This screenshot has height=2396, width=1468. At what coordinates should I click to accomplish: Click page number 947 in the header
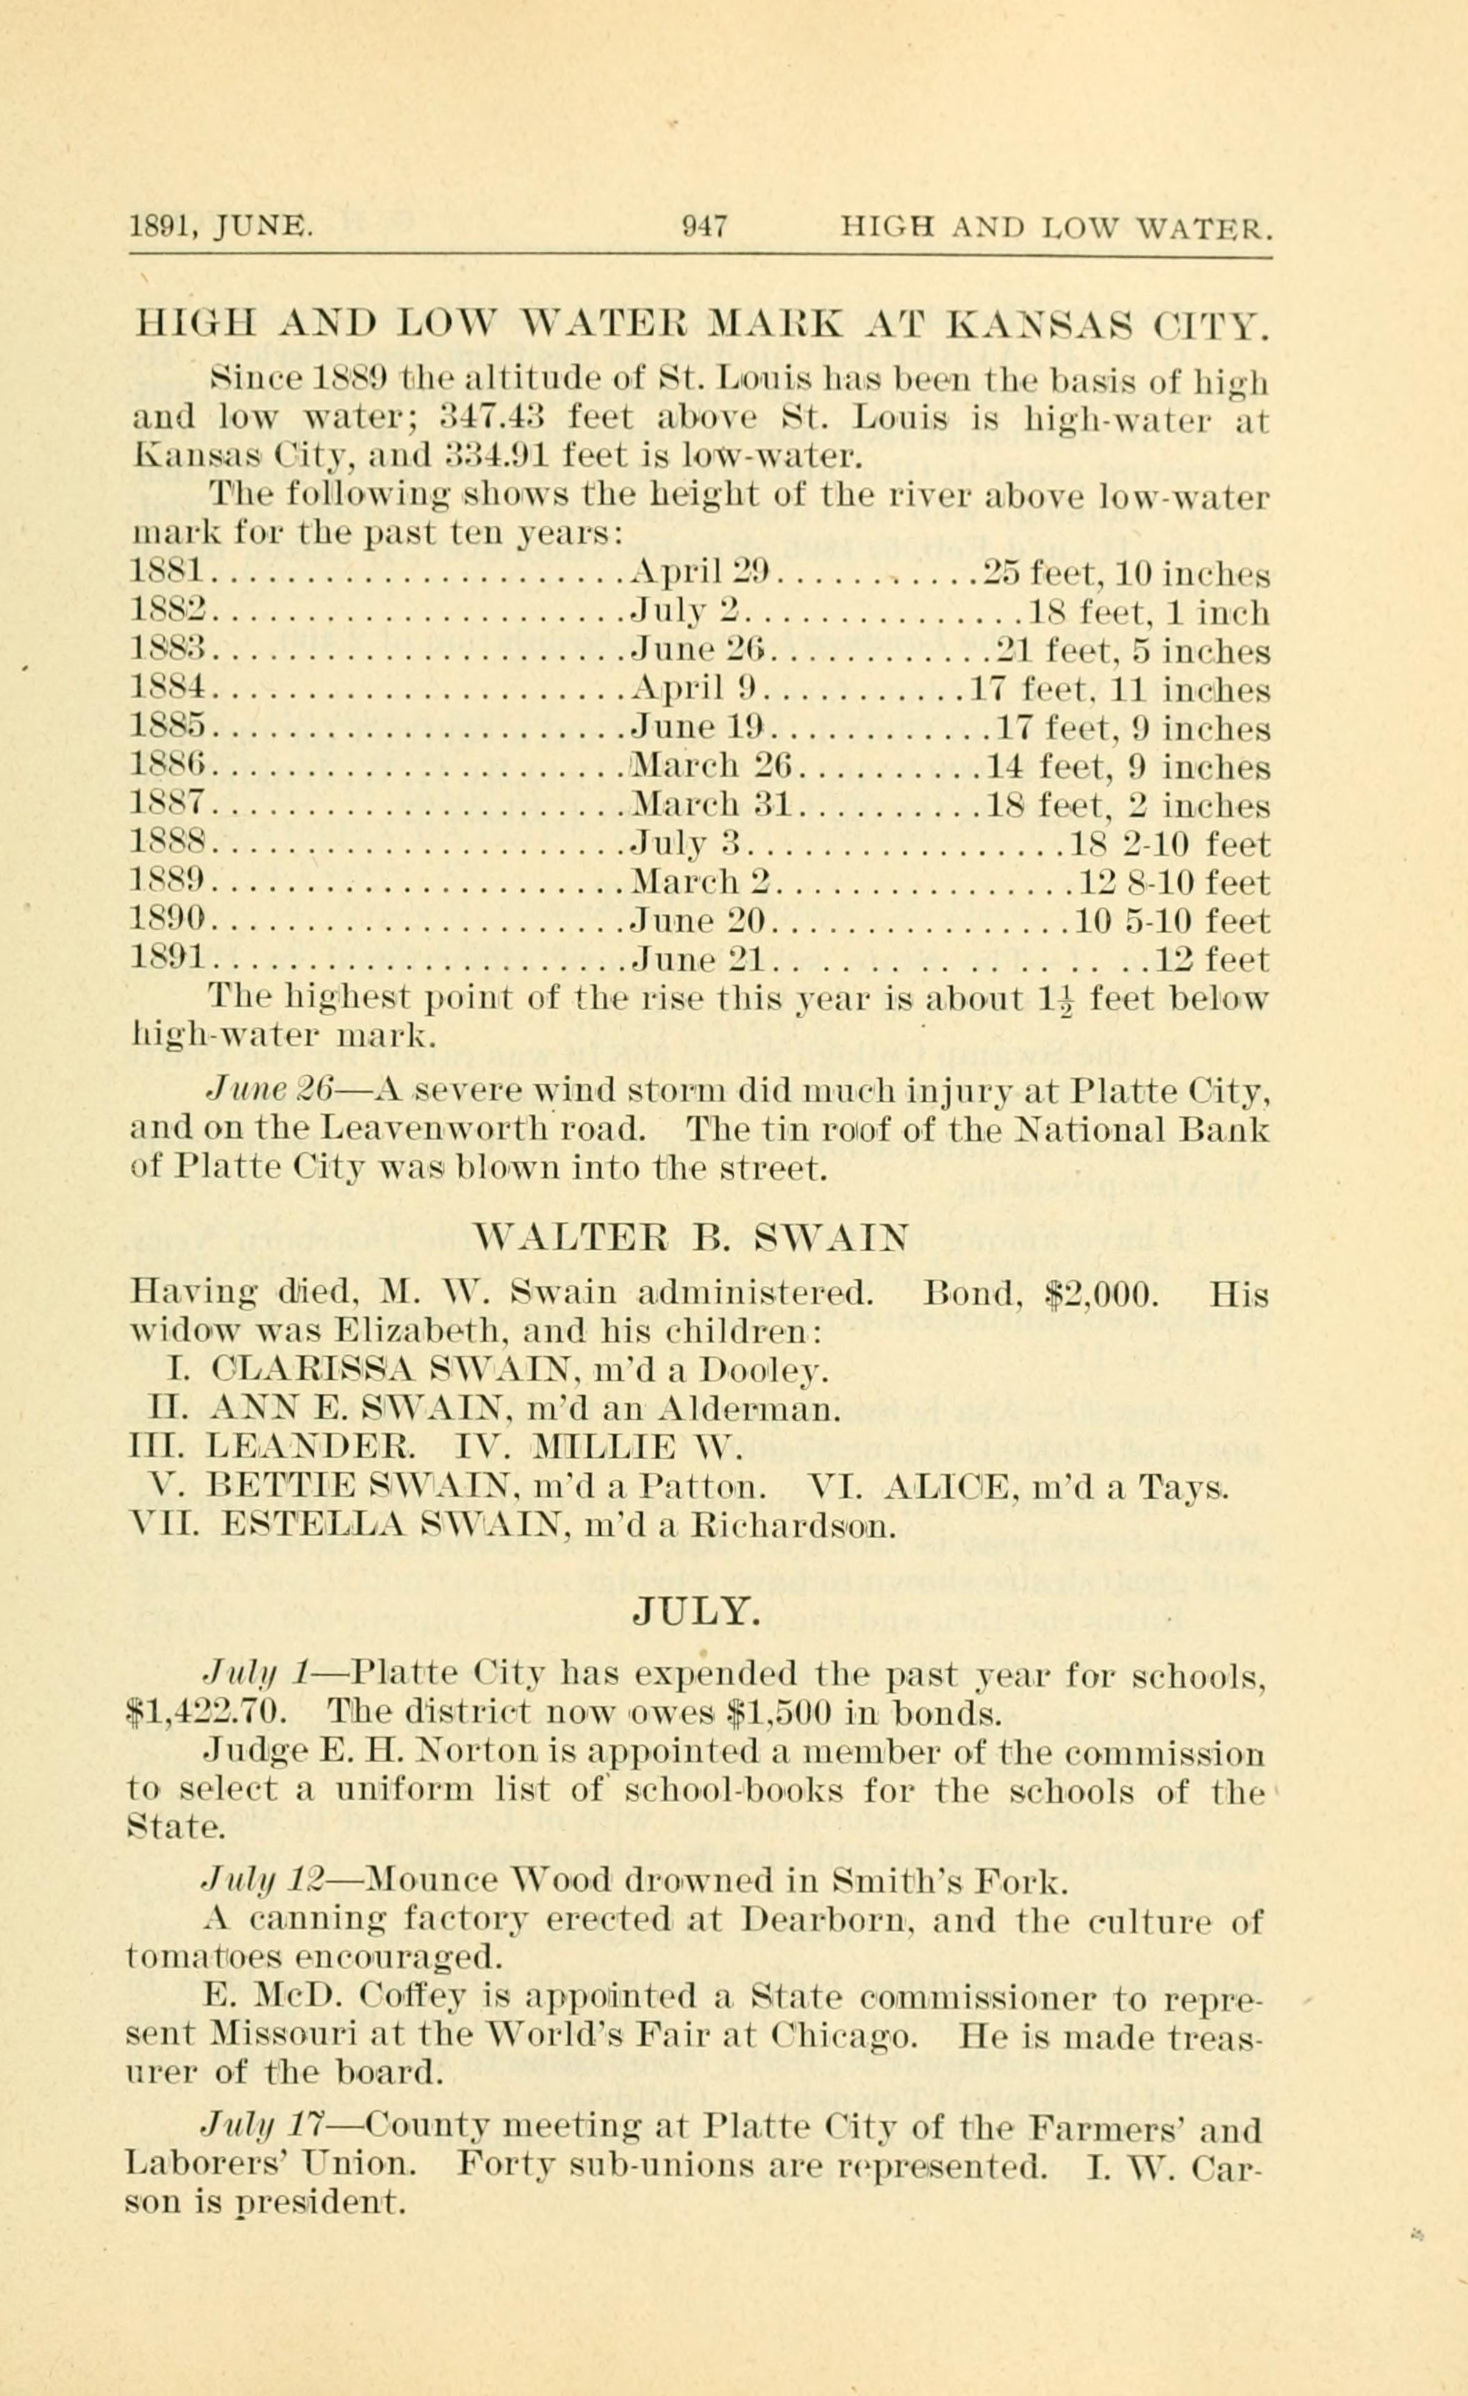[704, 228]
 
